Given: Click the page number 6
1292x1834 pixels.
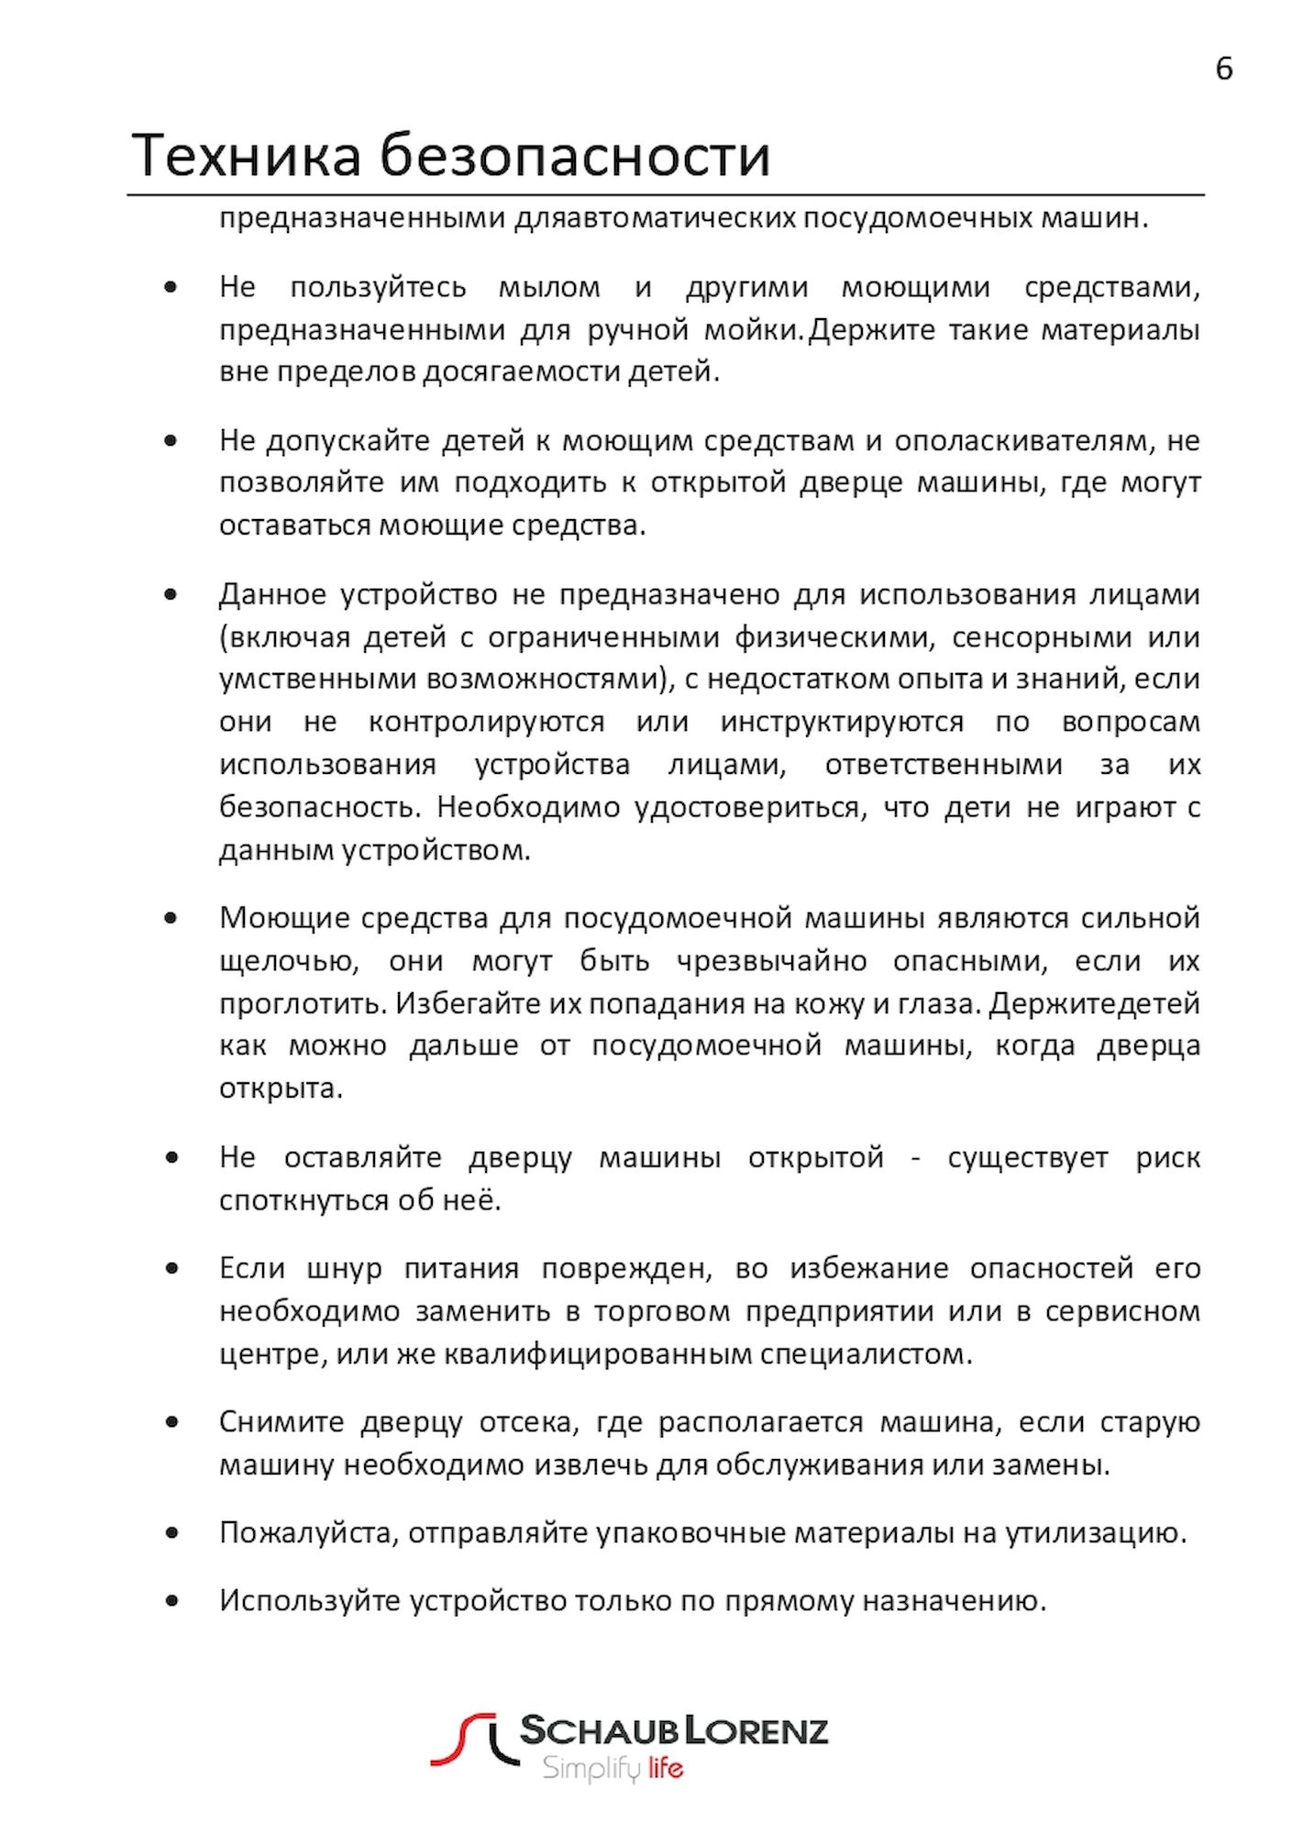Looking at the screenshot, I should [x=1223, y=69].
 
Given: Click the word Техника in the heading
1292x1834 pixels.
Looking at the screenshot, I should [x=247, y=155].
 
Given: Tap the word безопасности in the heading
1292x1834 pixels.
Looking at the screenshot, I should [x=575, y=155].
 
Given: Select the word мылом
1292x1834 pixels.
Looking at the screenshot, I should [x=549, y=288].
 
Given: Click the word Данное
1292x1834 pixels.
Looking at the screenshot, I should [x=272, y=595].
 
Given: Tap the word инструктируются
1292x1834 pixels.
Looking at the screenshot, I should [x=842, y=723].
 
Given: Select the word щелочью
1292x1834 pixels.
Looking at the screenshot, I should [x=289, y=962].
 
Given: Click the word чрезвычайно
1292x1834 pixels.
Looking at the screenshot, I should [x=771, y=962].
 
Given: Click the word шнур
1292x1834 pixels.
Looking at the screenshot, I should [x=344, y=1269].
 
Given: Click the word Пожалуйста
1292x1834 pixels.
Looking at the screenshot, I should [x=308, y=1533].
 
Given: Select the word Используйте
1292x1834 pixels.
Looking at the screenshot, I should [x=309, y=1601].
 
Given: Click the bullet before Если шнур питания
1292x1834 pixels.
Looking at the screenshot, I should [x=171, y=1269].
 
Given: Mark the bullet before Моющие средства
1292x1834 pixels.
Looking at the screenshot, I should [x=171, y=918].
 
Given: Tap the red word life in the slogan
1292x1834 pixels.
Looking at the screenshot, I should [x=666, y=1767].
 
